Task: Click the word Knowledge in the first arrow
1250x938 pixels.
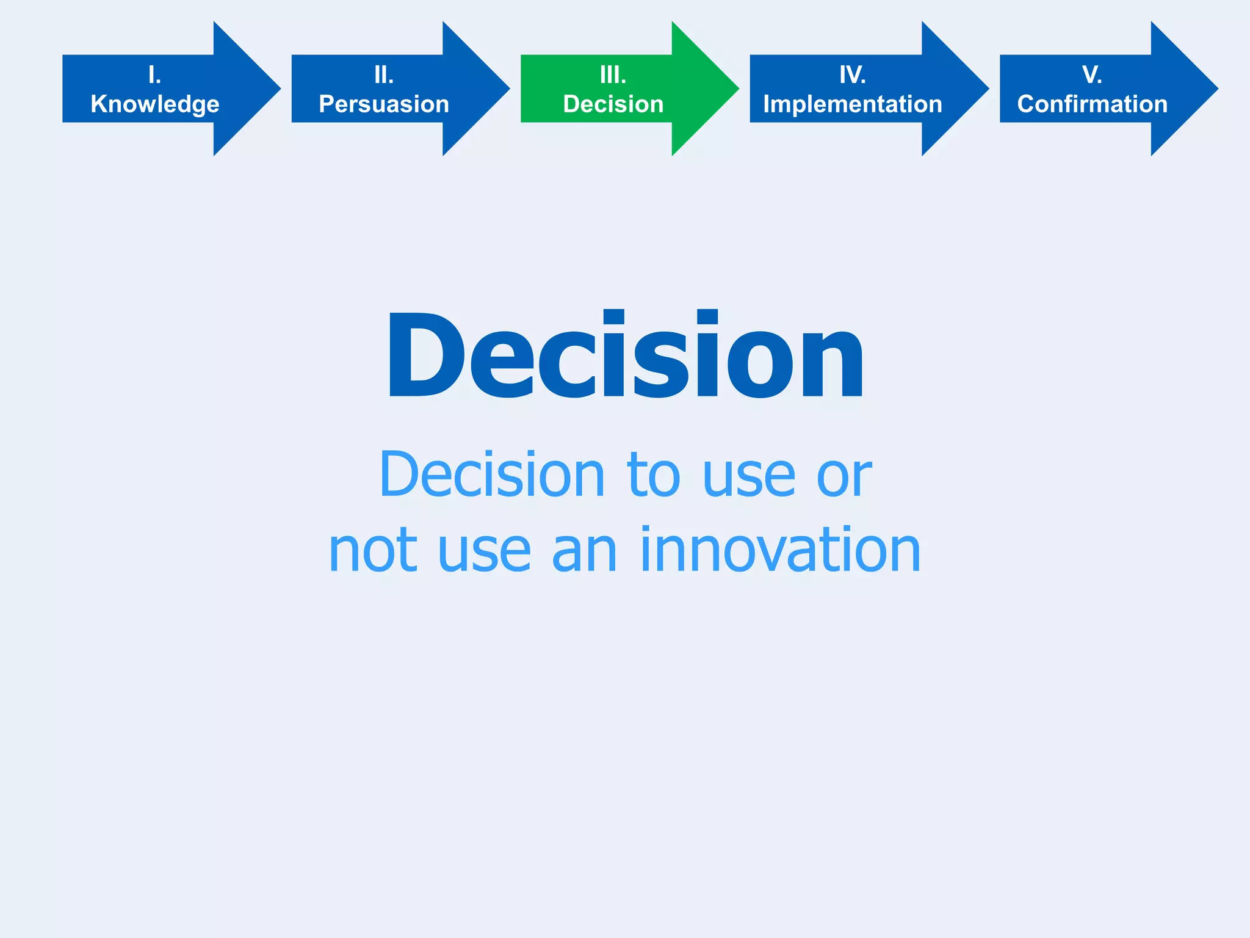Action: click(154, 104)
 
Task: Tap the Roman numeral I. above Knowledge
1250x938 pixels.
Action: click(154, 75)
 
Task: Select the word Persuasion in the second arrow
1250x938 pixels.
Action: click(384, 104)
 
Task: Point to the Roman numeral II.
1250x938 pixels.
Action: click(384, 75)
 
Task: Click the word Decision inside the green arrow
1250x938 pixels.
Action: click(613, 104)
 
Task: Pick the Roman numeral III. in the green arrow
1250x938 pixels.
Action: click(613, 75)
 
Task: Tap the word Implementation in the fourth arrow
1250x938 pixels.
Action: click(852, 104)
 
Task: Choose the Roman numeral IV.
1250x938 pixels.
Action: click(852, 75)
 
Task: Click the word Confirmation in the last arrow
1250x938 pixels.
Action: click(1092, 104)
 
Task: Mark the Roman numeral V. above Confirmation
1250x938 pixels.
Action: click(1092, 75)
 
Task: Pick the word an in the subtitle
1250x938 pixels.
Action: click(584, 551)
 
